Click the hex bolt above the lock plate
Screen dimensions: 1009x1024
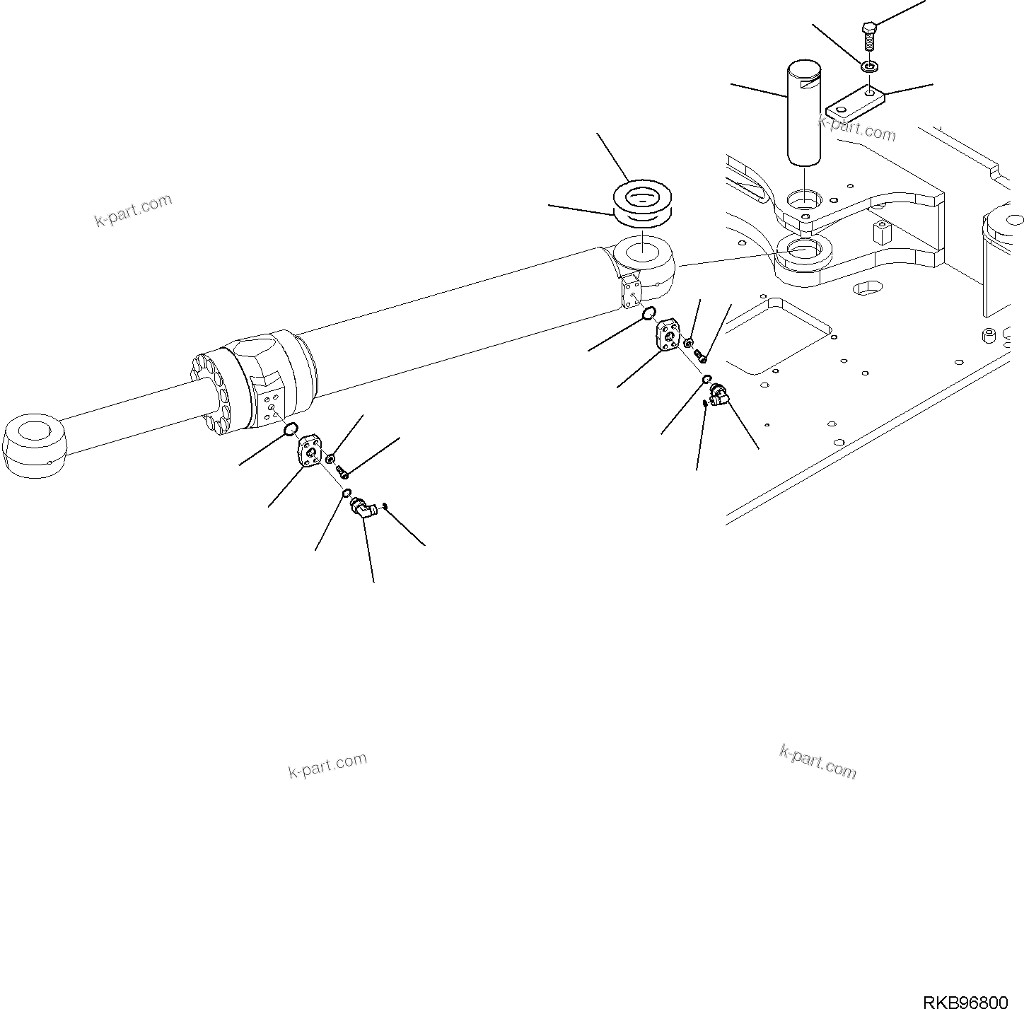point(870,35)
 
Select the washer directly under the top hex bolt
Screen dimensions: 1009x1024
point(870,67)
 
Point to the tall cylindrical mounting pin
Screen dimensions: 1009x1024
point(804,113)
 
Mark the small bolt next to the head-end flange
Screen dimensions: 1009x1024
point(343,471)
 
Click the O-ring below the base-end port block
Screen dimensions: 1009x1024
point(649,314)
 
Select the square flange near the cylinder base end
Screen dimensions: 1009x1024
point(668,334)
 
